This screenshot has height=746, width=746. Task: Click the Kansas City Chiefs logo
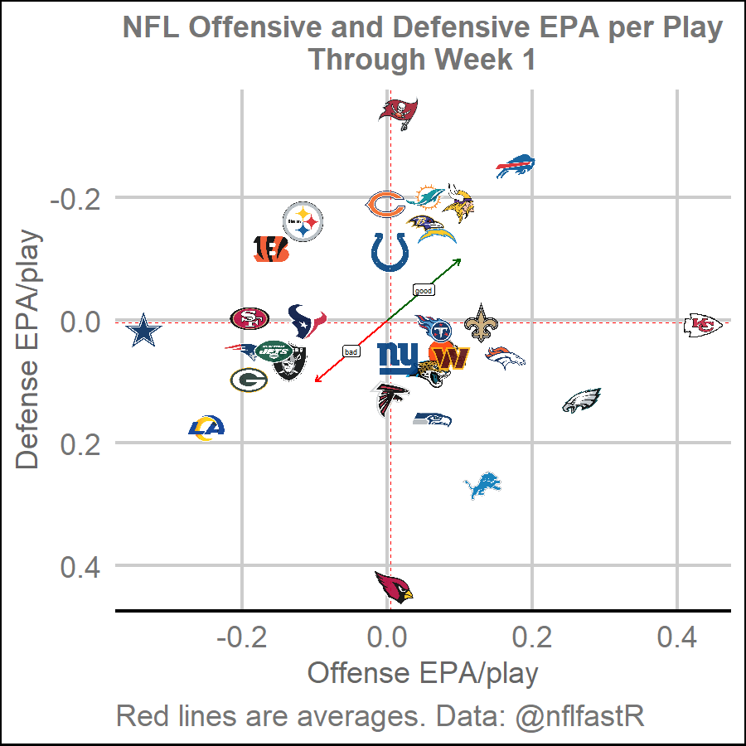click(703, 325)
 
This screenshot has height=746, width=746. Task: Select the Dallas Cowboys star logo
click(146, 332)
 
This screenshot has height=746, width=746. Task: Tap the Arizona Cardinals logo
click(393, 587)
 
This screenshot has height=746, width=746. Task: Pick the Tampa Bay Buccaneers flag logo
click(399, 112)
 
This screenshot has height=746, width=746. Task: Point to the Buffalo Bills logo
click(516, 167)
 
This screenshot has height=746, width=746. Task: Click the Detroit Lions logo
click(483, 486)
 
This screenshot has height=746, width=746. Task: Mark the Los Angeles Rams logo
click(206, 428)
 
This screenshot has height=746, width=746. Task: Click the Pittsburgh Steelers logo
click(303, 221)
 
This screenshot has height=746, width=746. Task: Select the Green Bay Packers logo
click(248, 380)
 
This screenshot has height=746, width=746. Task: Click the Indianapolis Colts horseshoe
click(389, 251)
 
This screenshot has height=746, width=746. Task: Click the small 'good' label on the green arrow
click(424, 290)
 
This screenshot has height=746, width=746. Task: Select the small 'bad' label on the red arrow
click(351, 351)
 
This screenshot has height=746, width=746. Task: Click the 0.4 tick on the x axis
click(676, 639)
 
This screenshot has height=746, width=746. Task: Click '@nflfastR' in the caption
click(580, 716)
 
